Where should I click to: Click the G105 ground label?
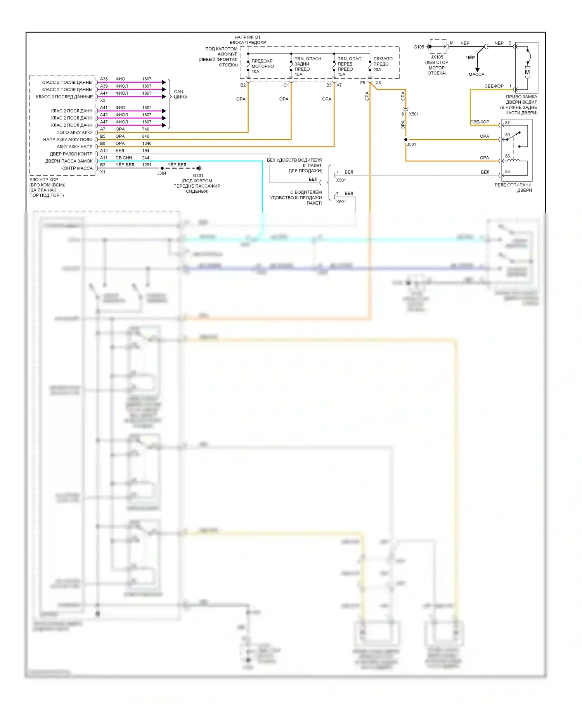pos(419,47)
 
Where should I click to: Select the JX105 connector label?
pos(437,57)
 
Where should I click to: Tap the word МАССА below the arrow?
pos(476,74)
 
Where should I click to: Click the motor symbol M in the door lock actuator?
pos(527,72)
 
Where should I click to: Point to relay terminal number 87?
pos(508,123)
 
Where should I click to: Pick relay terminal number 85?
pos(508,171)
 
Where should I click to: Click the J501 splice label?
pos(412,144)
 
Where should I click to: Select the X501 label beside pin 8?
pos(414,114)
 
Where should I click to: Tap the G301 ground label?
pos(198,176)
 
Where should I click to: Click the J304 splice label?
pos(162,173)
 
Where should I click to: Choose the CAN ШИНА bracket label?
pos(180,94)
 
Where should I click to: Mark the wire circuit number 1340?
pos(147,144)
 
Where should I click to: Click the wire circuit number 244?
pos(145,158)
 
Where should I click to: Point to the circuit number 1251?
pos(147,165)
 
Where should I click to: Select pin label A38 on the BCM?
pos(104,79)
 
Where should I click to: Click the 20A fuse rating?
pos(377,70)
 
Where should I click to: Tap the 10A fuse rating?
pos(255,72)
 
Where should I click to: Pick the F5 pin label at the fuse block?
pos(362,83)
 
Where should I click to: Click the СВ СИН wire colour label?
pos(124,158)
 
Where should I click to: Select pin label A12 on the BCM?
pos(104,150)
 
